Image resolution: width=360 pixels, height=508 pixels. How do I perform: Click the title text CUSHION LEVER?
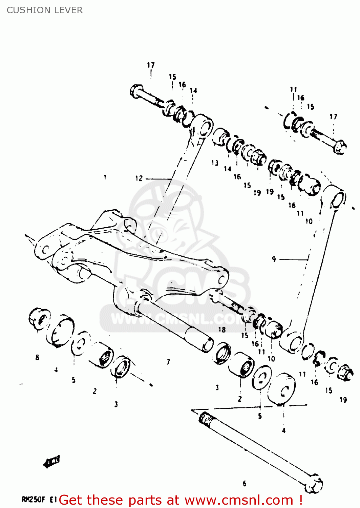click(44, 10)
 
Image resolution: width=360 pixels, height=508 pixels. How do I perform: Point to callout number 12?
click(139, 178)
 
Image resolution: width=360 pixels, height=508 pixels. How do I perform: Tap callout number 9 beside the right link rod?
click(274, 259)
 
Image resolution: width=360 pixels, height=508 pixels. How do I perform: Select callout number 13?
click(215, 163)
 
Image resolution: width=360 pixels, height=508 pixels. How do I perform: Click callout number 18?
click(222, 330)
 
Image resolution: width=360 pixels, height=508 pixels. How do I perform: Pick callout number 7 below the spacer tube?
click(168, 362)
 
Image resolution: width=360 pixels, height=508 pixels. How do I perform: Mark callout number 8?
click(37, 357)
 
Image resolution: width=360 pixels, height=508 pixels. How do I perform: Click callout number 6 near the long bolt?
click(245, 484)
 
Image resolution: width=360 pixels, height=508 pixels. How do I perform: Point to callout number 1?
click(105, 177)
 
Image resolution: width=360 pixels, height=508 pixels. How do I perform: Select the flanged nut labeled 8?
click(39, 318)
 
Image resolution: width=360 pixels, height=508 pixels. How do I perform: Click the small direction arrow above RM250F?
click(52, 461)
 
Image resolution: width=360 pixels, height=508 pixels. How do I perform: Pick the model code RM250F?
click(34, 500)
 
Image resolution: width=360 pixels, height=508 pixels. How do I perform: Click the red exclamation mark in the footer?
click(301, 500)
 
